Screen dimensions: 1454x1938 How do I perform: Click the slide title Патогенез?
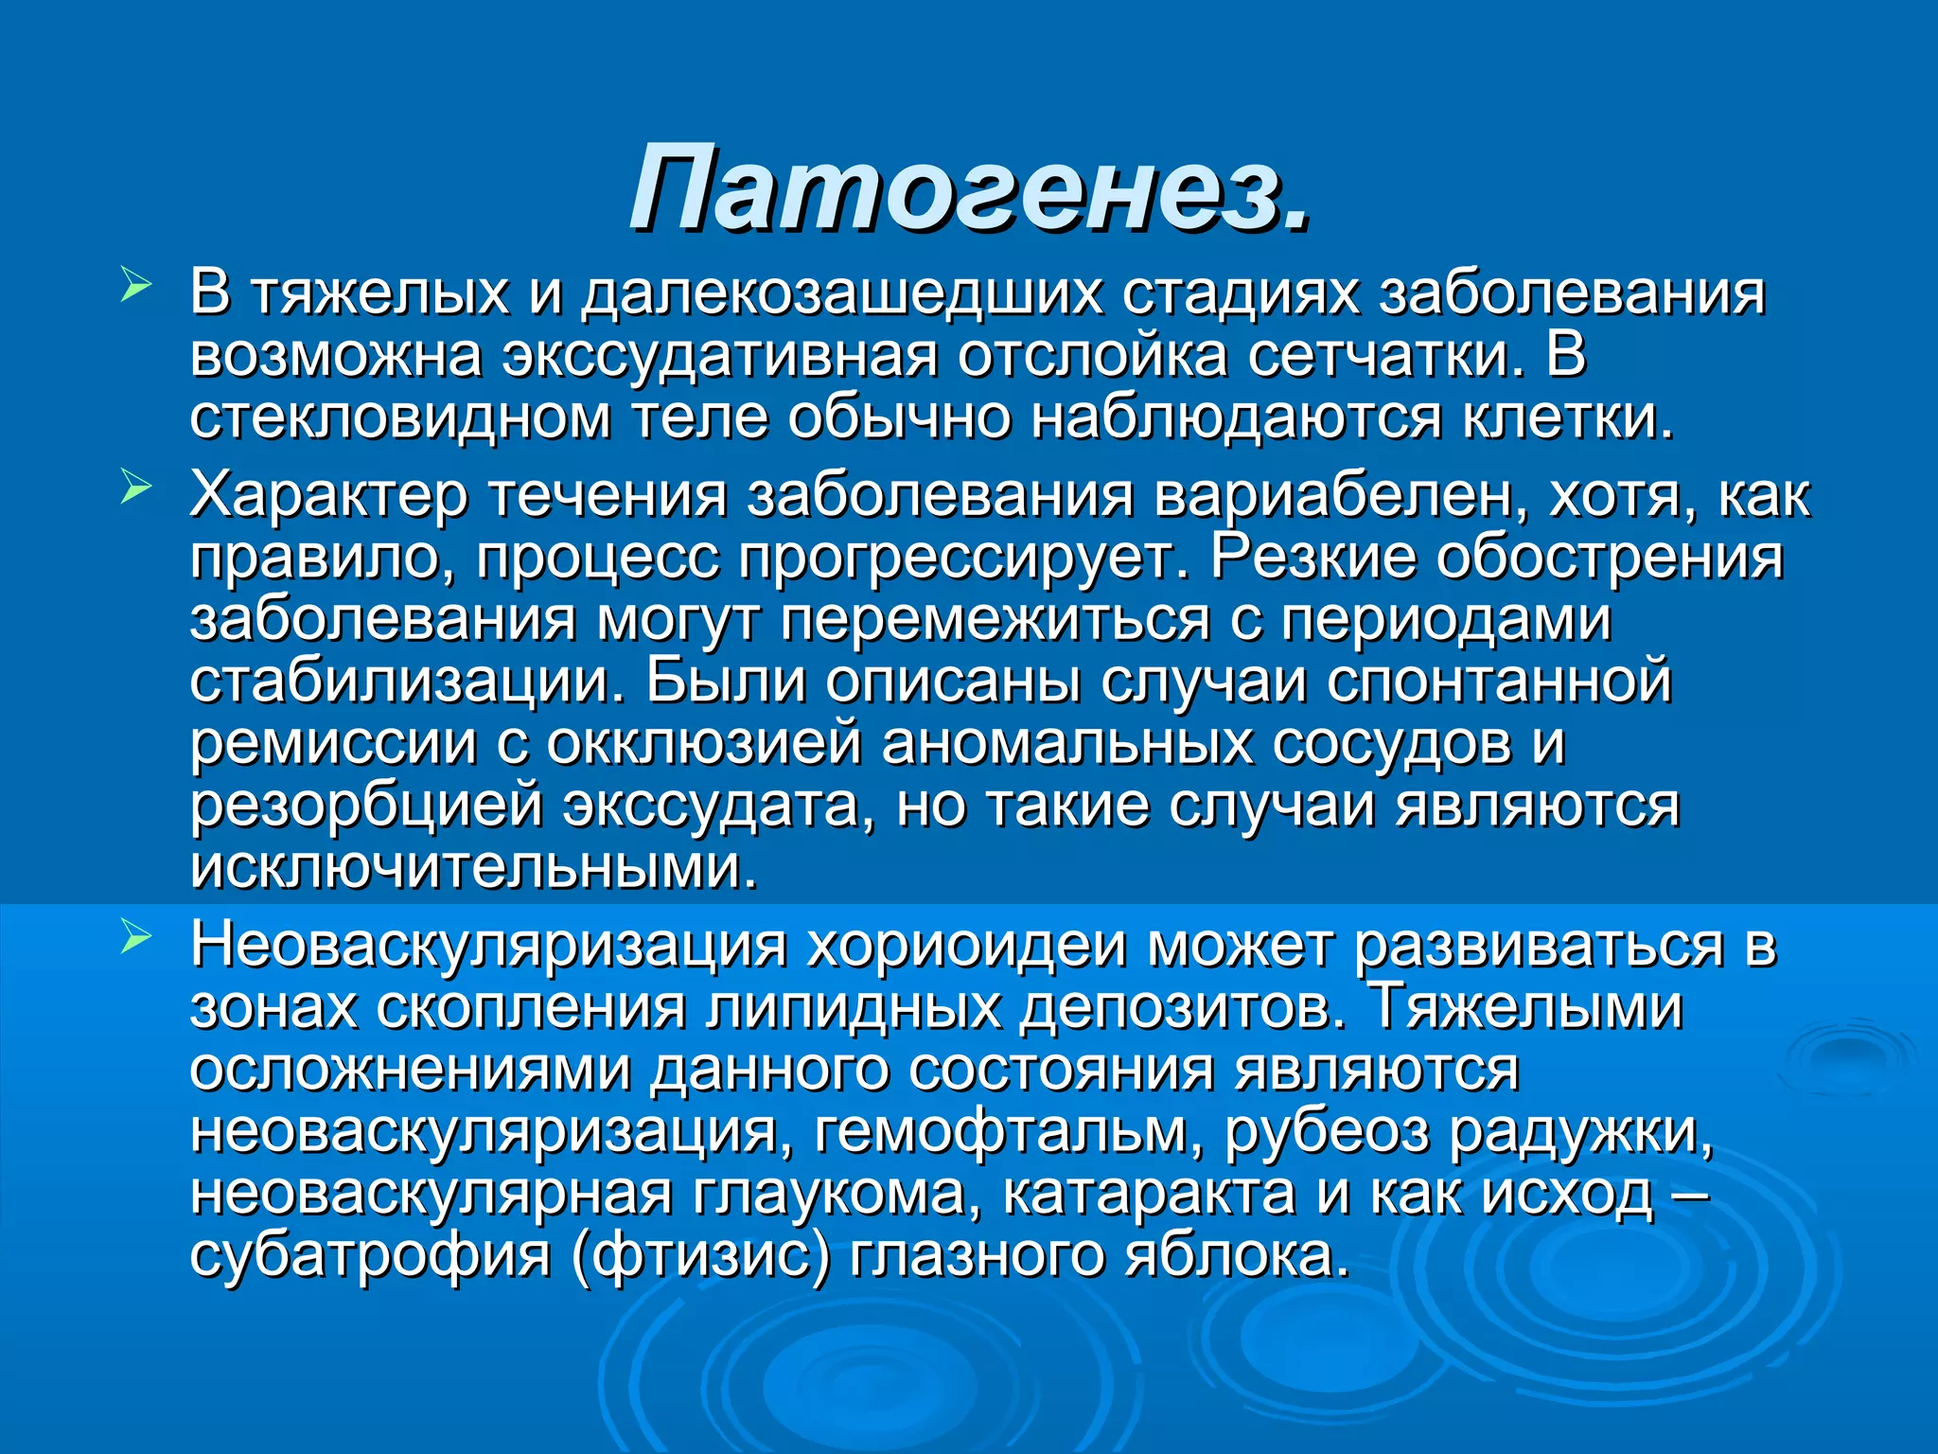pos(971,186)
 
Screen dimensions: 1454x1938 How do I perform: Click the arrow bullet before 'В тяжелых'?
pos(135,284)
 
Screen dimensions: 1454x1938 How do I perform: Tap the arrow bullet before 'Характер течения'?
pos(135,488)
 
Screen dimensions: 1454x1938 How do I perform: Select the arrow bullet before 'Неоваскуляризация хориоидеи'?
pos(135,938)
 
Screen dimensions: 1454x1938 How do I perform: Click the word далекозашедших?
pos(841,293)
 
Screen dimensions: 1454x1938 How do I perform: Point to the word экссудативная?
pos(720,356)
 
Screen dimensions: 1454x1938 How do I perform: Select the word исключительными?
pos(473,867)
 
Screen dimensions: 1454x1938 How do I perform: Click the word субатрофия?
pos(370,1256)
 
